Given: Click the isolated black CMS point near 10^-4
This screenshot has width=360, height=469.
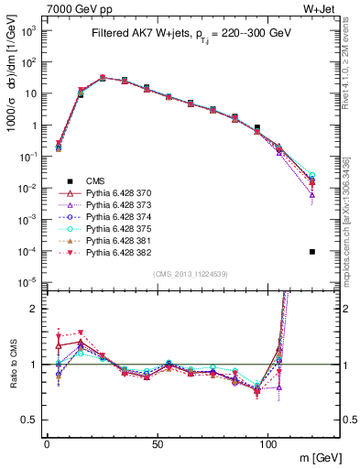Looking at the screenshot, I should [x=312, y=252].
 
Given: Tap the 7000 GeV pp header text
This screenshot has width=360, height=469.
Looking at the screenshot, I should [x=75, y=8].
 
